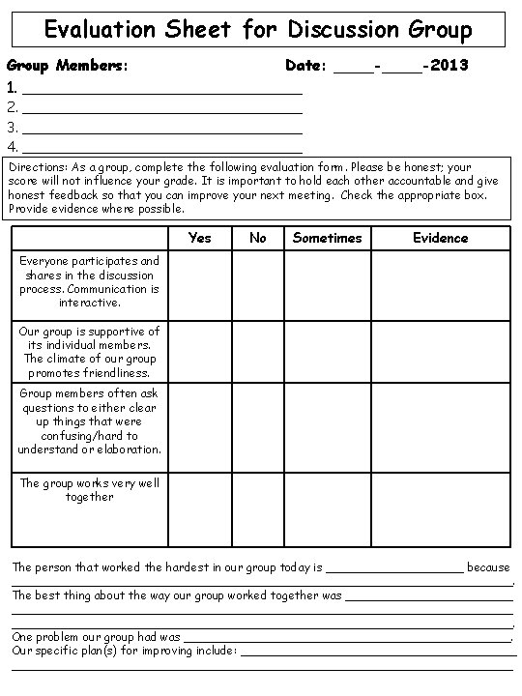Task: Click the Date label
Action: coord(307,67)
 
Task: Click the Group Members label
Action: coord(69,67)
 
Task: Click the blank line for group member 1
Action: coord(162,89)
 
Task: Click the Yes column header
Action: coord(199,238)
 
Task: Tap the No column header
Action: coord(257,238)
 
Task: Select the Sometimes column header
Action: coord(327,238)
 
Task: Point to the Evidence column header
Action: coord(440,238)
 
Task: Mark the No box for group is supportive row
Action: coord(257,352)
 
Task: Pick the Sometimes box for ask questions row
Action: coord(327,427)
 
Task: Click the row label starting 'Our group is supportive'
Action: coord(90,352)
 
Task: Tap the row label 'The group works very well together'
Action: coord(90,490)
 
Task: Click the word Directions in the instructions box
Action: coord(38,166)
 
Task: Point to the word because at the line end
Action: coord(488,567)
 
